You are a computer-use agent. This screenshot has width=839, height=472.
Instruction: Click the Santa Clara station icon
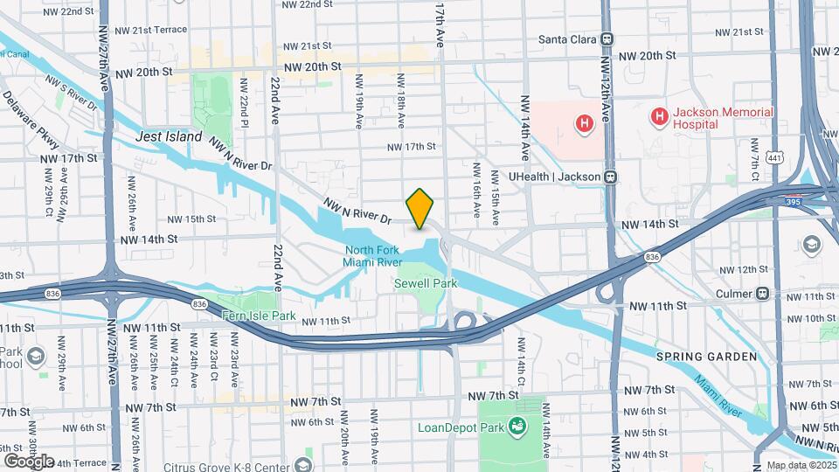coord(607,39)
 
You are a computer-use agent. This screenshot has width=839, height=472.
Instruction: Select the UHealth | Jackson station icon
coord(613,177)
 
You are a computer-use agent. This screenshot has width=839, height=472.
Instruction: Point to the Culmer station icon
coord(763,293)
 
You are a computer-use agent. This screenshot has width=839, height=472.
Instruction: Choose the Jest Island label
coord(169,137)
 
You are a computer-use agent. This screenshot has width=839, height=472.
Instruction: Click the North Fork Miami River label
coord(372,256)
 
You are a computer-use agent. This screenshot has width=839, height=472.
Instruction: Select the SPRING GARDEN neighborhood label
coord(706,356)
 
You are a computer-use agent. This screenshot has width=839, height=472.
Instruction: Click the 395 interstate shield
coord(793,201)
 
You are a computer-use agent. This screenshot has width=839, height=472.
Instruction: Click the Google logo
coord(28,461)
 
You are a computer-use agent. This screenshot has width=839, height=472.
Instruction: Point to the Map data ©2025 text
coord(801,465)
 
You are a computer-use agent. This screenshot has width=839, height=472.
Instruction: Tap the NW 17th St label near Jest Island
coord(68,158)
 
